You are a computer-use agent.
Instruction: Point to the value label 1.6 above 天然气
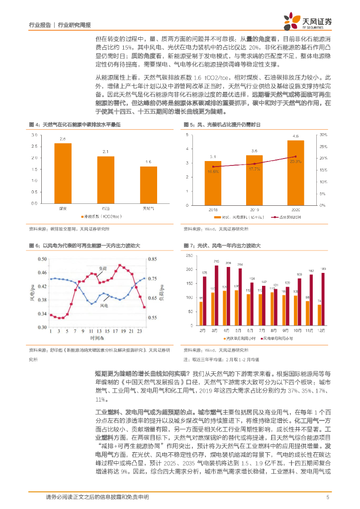pos(148,162)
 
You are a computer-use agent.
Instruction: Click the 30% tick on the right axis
pos(322,135)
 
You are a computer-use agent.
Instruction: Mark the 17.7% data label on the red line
pos(254,169)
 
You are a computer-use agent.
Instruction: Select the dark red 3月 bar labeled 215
pos(216,295)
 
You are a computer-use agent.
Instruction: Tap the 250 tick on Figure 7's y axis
pos(189,255)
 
